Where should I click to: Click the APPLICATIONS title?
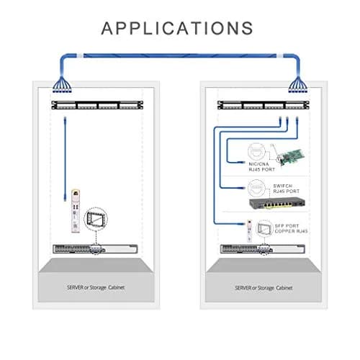click(177, 28)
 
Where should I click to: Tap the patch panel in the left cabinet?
click(97, 105)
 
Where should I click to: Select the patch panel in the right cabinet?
click(264, 105)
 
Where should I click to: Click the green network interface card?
click(291, 156)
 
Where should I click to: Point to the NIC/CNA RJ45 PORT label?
click(261, 167)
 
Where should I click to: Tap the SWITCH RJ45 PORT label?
click(287, 189)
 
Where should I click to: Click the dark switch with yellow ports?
click(277, 204)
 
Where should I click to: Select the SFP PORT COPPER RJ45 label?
click(291, 228)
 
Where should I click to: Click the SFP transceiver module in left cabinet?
click(76, 211)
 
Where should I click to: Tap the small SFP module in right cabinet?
click(250, 231)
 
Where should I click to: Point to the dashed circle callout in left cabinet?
click(96, 219)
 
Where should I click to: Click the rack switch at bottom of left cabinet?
click(95, 249)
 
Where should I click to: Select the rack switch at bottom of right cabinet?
click(263, 249)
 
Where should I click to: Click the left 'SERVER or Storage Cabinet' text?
click(96, 287)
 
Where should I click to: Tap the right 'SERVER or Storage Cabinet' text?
click(264, 288)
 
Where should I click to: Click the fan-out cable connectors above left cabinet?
click(62, 85)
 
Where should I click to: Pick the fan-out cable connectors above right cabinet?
click(298, 85)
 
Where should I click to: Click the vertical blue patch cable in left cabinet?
click(65, 159)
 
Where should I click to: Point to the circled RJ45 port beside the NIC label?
click(256, 152)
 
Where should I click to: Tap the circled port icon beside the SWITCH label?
click(256, 189)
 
